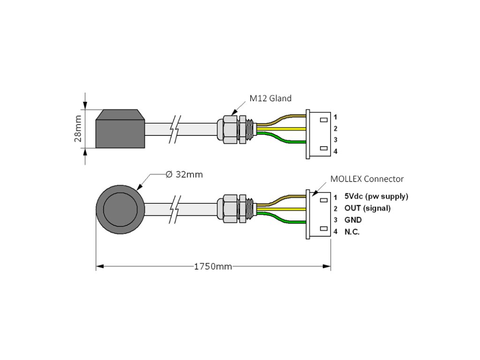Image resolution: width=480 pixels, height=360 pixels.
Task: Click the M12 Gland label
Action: pos(270,98)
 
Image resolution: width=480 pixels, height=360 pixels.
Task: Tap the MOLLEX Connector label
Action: pos(367,179)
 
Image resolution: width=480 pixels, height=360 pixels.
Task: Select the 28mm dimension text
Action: pos(78,128)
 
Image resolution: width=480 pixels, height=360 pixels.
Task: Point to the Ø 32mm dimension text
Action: pos(184,174)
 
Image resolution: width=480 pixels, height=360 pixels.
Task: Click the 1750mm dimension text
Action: pos(213,266)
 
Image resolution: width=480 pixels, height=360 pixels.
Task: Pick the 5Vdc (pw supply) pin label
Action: pos(376,196)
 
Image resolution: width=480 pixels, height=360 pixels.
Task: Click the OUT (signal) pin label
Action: pos(367,208)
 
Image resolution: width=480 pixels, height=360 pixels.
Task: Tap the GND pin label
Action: pos(352,220)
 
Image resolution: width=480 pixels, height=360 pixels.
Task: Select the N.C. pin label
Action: pos(352,232)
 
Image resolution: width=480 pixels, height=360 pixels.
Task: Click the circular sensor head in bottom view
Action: pos(120,208)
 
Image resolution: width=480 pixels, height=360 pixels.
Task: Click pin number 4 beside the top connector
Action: pos(335,151)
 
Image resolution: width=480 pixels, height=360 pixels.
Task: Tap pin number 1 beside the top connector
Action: pos(335,117)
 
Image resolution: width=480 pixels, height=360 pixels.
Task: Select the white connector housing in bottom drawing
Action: pos(319,214)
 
